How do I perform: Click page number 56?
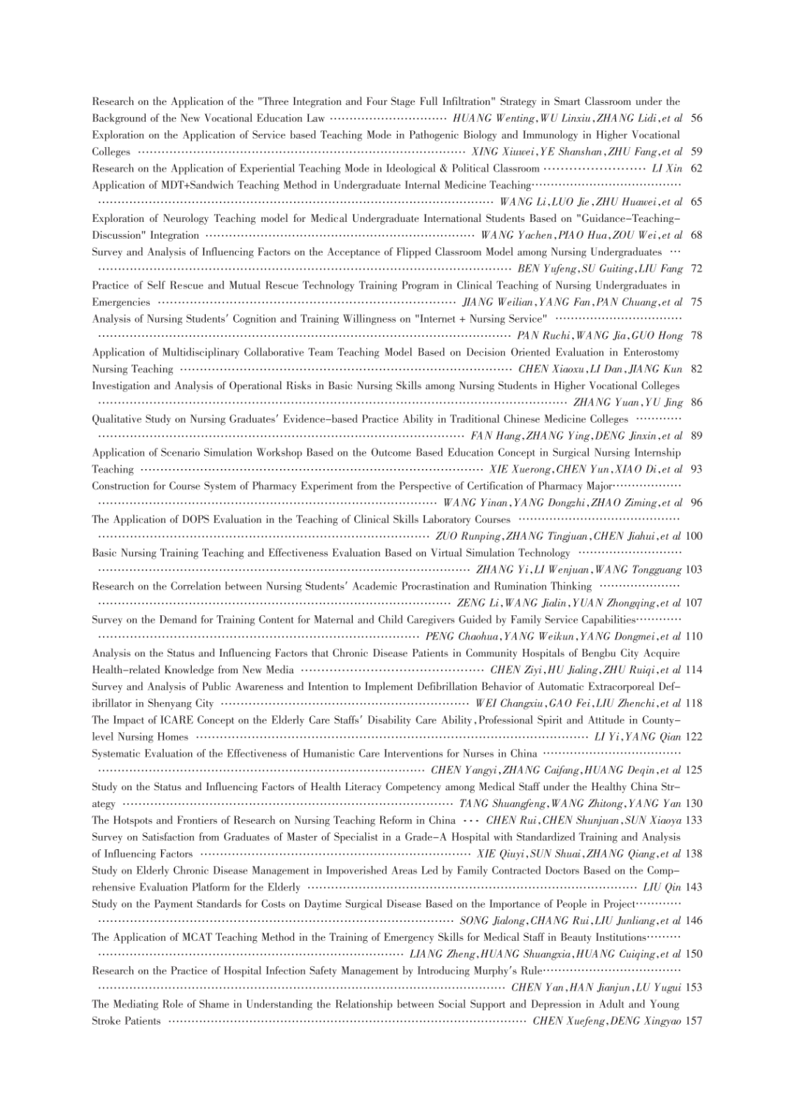coord(696,118)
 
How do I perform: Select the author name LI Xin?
coord(668,168)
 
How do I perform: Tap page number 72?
coord(696,268)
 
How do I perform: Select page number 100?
coord(693,536)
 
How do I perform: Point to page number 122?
coord(693,737)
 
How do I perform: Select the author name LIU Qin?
coord(662,887)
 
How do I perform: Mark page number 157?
coord(693,1021)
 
